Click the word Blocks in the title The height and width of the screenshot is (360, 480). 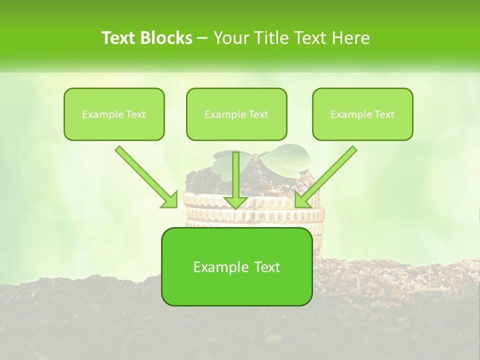(x=166, y=38)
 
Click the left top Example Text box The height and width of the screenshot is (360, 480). (x=114, y=114)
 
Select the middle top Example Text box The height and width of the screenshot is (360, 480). (x=236, y=114)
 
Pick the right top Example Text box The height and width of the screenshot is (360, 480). (x=362, y=114)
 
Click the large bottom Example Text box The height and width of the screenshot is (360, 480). (x=236, y=266)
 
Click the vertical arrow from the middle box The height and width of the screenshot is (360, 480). (x=235, y=175)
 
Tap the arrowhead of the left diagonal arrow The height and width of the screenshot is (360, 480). (x=170, y=200)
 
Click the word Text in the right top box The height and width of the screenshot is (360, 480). (x=384, y=114)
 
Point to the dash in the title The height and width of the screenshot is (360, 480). (x=202, y=38)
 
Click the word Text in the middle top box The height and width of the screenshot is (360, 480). (x=258, y=114)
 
